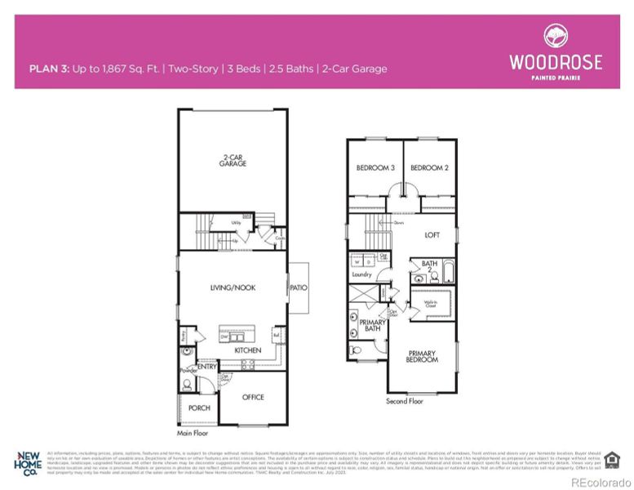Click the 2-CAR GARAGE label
233,160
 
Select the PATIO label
297,287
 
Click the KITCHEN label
248,350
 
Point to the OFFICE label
253,397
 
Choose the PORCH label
199,408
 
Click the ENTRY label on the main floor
207,367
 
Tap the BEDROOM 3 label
375,168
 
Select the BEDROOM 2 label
429,168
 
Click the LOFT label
432,234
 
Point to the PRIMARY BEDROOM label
423,357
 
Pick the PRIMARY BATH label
372,326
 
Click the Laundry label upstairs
361,275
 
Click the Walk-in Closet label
430,303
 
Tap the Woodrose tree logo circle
556,37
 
